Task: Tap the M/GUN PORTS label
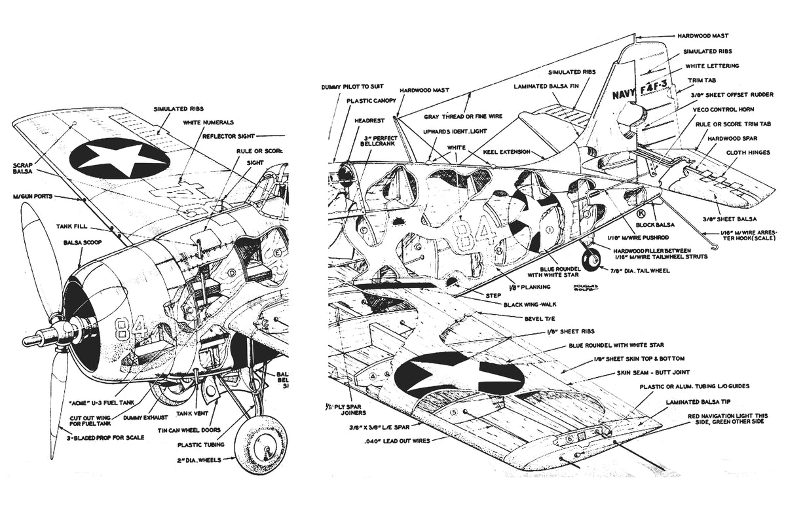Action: tap(35, 196)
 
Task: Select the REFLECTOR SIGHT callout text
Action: tap(228, 136)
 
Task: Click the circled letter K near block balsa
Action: tap(640, 213)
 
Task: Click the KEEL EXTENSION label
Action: tap(506, 151)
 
